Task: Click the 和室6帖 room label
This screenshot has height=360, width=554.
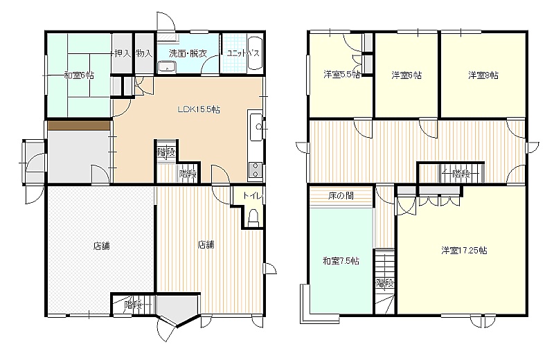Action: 79,75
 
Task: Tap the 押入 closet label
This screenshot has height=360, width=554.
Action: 123,54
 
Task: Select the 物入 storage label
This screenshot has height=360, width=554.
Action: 144,54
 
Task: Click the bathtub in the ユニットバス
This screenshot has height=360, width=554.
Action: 254,53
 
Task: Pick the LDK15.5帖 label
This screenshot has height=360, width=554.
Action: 199,109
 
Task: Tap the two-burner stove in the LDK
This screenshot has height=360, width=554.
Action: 255,170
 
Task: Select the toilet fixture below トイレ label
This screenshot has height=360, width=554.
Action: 253,218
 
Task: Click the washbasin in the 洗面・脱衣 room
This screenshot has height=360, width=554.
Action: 167,66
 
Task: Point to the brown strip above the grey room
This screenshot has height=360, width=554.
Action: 78,126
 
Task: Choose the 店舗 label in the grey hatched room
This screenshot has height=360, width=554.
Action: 101,246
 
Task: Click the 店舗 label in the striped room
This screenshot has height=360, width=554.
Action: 206,244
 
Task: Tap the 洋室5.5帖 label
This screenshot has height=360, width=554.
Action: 341,75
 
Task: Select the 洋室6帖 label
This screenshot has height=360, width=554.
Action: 406,75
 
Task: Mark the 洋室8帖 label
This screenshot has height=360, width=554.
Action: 483,75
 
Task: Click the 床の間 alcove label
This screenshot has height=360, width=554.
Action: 341,195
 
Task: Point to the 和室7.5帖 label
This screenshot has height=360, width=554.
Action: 341,261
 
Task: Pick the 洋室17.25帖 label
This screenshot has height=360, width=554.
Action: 464,251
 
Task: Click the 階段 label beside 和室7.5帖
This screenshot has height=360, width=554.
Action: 385,283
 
